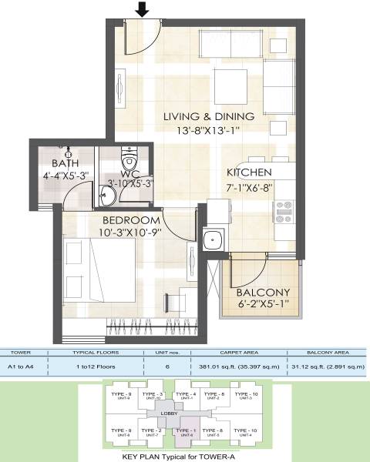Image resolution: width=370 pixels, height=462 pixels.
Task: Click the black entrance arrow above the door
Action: [x=141, y=10]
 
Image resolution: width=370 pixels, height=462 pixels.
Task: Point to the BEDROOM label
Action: [x=126, y=220]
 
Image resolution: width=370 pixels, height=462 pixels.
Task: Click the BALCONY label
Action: [x=263, y=292]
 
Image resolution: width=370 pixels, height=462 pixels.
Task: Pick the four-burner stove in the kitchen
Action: [x=284, y=206]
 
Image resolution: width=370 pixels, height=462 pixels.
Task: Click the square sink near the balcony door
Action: [x=211, y=239]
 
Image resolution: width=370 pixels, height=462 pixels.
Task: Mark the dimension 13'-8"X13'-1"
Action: [x=204, y=131]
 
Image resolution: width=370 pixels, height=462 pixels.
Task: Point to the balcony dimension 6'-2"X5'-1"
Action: [x=263, y=305]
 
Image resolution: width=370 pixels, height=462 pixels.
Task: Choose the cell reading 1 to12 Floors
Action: [x=96, y=368]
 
